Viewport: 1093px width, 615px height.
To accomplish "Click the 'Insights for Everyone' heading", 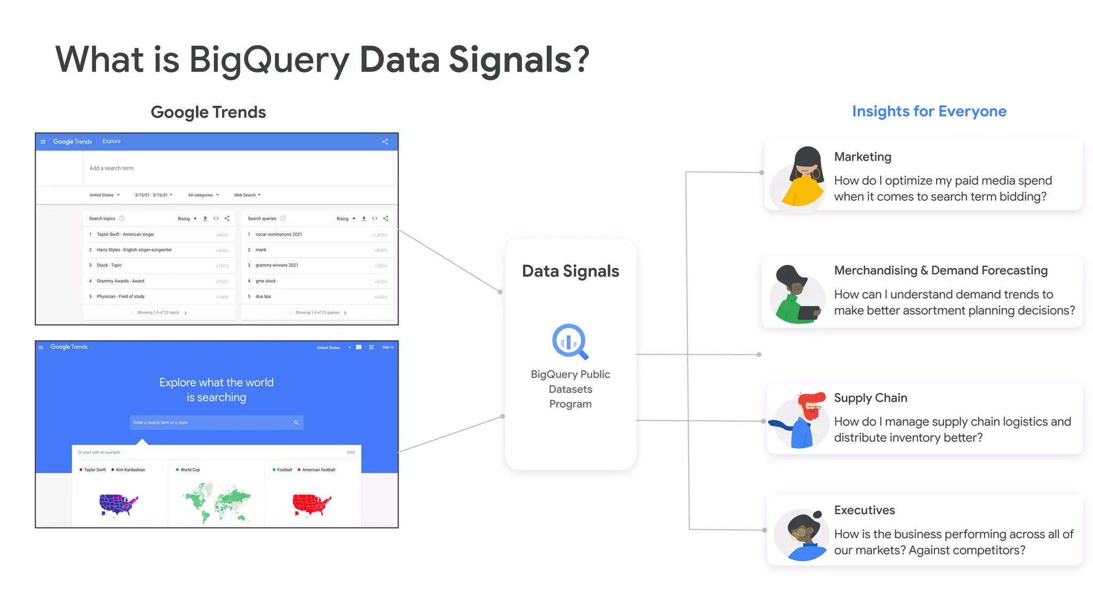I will (x=929, y=111).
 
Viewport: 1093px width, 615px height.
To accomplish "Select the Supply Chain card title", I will (x=870, y=398).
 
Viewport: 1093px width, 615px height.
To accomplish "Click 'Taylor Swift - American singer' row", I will (x=125, y=234).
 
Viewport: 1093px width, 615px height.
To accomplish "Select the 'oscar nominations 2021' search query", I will (x=279, y=234).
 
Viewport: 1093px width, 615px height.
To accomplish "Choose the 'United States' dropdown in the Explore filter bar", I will (x=104, y=195).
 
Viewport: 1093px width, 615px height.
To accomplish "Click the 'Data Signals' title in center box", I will (x=570, y=271).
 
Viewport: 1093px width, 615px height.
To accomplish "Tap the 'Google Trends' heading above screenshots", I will (x=208, y=112).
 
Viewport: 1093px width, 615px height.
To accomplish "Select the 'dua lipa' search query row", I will (x=263, y=296).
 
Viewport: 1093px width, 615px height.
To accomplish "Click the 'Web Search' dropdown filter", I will (x=247, y=195).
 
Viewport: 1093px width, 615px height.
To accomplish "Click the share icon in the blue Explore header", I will (x=385, y=141).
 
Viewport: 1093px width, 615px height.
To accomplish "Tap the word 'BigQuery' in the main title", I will (x=269, y=60).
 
